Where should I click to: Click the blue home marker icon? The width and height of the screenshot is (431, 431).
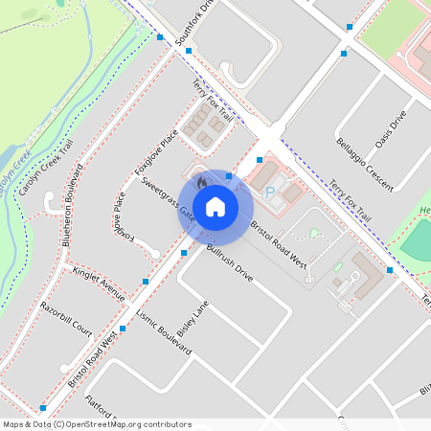pos(215,206)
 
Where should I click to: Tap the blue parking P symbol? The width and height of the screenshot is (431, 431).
pos(269,193)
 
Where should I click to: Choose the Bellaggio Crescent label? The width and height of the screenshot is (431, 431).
pos(364,163)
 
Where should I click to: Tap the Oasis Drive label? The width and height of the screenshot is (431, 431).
pos(392,127)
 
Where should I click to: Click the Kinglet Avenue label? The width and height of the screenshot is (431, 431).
pos(99,284)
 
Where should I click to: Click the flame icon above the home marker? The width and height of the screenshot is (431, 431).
pos(201,182)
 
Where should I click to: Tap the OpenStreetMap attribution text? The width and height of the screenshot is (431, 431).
pos(97,423)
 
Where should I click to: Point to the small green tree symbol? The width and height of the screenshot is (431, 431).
pos(314,233)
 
